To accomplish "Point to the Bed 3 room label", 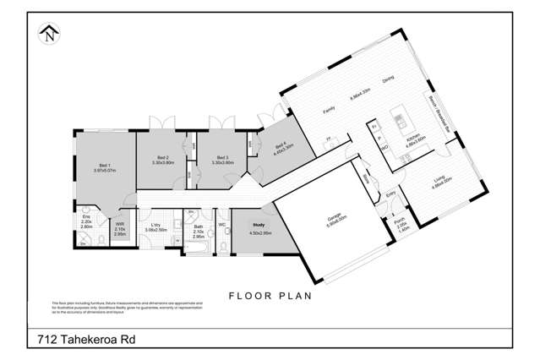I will [222, 158].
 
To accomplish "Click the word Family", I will [330, 109].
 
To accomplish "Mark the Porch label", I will [401, 223].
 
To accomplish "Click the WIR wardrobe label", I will [119, 226].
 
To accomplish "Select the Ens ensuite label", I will [86, 221].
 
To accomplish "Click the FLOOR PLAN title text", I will [270, 297].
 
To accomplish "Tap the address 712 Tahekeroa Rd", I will [86, 339].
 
